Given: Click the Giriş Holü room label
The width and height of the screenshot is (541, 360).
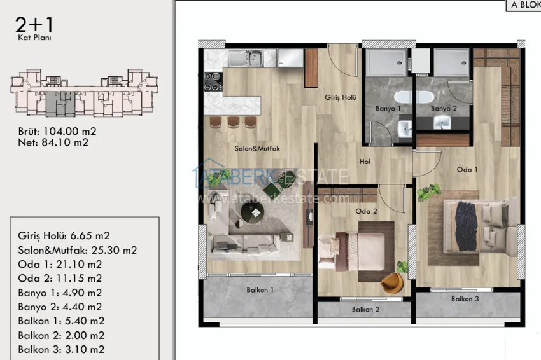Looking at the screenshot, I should click(x=340, y=98).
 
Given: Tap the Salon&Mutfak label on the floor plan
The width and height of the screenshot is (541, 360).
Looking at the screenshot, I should click(x=258, y=149).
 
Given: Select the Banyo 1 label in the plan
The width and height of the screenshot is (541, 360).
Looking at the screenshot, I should click(x=390, y=109).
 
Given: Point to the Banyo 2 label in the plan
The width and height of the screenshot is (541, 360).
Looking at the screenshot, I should click(x=444, y=109).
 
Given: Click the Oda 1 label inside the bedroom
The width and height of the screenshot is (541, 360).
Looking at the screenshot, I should click(x=467, y=170).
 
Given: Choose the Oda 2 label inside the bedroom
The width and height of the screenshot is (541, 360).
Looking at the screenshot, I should click(x=366, y=212).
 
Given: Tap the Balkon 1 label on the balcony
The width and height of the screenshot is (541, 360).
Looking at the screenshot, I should click(x=260, y=290).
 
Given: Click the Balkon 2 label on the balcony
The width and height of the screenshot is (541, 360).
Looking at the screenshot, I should click(x=365, y=310).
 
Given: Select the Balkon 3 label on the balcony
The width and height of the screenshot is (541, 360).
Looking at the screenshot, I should click(x=465, y=299).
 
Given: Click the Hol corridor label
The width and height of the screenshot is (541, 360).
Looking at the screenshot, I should click(x=365, y=162).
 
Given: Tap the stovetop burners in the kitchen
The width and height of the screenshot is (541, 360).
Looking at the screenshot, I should click(x=212, y=81).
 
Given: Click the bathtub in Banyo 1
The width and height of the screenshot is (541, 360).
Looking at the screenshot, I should click(x=414, y=97).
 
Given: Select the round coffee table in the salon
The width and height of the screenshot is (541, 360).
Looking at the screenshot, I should click(x=249, y=215).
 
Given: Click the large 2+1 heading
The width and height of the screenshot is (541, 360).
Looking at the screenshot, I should click(x=35, y=25).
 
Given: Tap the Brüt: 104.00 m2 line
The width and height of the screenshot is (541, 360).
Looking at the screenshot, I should click(x=57, y=132).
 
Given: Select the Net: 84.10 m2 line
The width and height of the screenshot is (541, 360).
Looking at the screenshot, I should click(x=53, y=143).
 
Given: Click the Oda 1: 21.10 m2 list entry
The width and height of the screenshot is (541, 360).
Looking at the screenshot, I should click(x=60, y=264).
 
